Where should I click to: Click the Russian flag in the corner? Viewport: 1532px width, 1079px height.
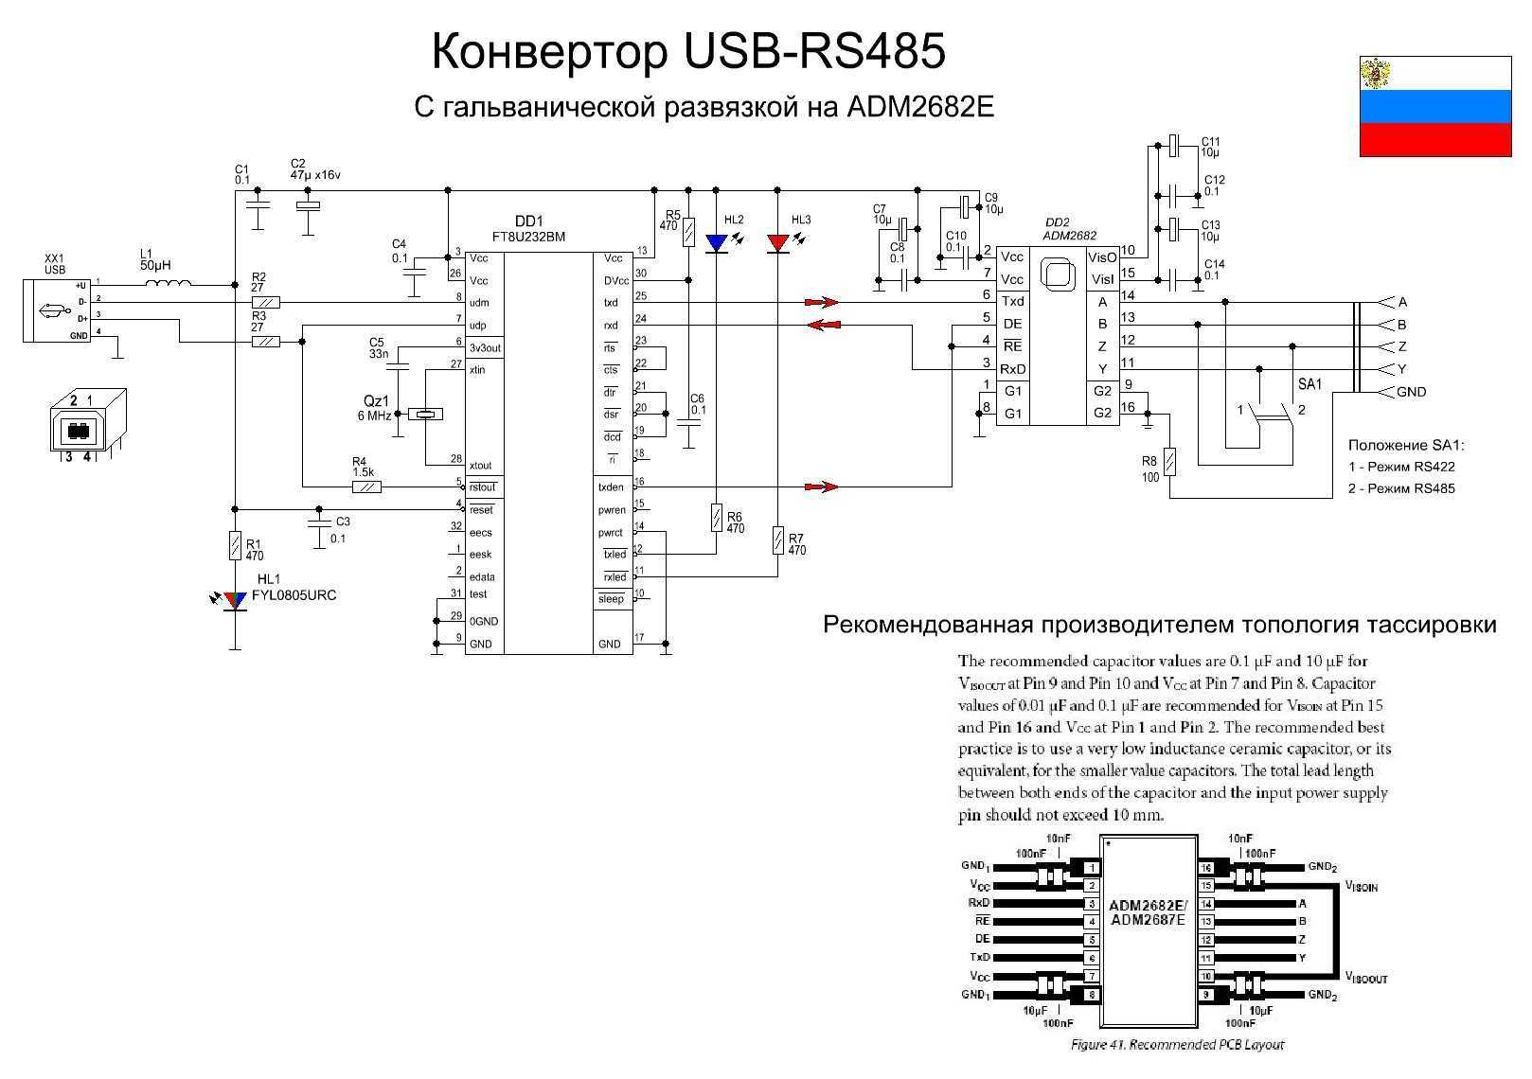(x=1434, y=106)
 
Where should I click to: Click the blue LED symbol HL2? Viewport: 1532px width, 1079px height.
(x=717, y=243)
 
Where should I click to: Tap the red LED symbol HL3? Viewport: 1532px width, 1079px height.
(x=778, y=243)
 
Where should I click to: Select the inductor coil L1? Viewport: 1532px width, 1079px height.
(x=167, y=281)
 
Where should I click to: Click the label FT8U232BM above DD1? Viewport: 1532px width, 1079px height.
(x=528, y=237)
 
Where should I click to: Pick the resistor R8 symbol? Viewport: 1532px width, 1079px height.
(x=1171, y=463)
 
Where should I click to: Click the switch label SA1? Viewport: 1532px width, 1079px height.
(x=1309, y=384)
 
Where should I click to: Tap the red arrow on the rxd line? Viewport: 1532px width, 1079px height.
(x=824, y=325)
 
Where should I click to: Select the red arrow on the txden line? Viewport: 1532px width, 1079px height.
(x=821, y=487)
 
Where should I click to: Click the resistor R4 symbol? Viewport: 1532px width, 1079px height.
(x=366, y=487)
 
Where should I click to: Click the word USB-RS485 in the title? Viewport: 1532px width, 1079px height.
(x=813, y=52)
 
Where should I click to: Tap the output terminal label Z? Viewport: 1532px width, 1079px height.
(x=1401, y=346)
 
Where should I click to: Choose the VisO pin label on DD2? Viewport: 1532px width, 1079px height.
(x=1102, y=257)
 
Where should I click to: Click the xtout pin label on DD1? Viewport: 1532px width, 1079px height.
(x=481, y=466)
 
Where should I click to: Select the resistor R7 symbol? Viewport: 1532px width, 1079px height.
(x=778, y=541)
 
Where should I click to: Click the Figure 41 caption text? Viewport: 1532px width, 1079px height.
(x=1177, y=1045)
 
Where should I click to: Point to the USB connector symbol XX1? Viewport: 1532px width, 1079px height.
(x=57, y=310)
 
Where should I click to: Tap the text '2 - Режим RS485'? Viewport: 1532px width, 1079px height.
(x=1401, y=488)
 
